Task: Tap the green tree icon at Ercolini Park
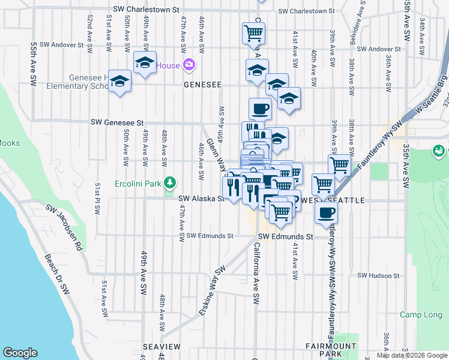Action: [x=170, y=181]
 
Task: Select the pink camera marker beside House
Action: [x=189, y=64]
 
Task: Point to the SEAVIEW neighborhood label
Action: [x=161, y=347]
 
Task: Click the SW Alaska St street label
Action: [x=200, y=198]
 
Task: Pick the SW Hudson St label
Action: [x=378, y=275]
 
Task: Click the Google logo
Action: [x=20, y=353]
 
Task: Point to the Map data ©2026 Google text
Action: [x=412, y=355]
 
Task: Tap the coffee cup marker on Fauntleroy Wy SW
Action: [x=326, y=212]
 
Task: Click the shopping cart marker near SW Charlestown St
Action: [x=253, y=33]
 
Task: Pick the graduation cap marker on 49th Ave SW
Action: [x=144, y=62]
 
